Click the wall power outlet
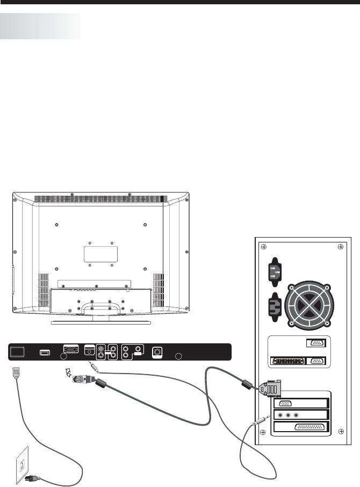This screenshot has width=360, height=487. click(x=20, y=460)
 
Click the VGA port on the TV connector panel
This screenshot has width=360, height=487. click(x=71, y=349)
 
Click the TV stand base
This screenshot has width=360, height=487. click(x=100, y=322)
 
